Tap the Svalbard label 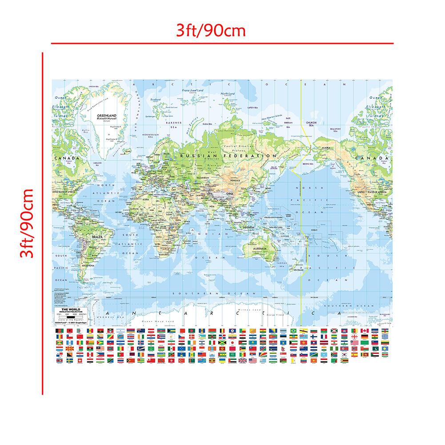tap(156, 100)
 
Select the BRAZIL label tap(98, 238)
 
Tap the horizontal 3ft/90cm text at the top tap(211, 31)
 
